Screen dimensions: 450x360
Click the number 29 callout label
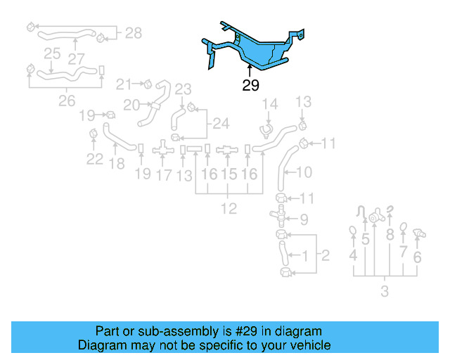(x=250, y=86)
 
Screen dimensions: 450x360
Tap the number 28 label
(x=133, y=32)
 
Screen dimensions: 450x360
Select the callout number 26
(x=66, y=101)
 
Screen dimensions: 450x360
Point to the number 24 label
(x=221, y=124)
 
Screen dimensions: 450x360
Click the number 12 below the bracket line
(x=229, y=208)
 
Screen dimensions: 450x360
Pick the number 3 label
(x=385, y=291)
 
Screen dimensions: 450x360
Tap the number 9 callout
(x=304, y=219)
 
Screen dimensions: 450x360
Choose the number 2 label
(x=325, y=255)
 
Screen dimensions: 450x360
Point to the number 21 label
(x=123, y=84)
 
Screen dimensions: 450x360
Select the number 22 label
(x=95, y=159)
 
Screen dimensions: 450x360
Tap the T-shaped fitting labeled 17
(x=163, y=149)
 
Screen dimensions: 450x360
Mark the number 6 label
(x=418, y=257)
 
